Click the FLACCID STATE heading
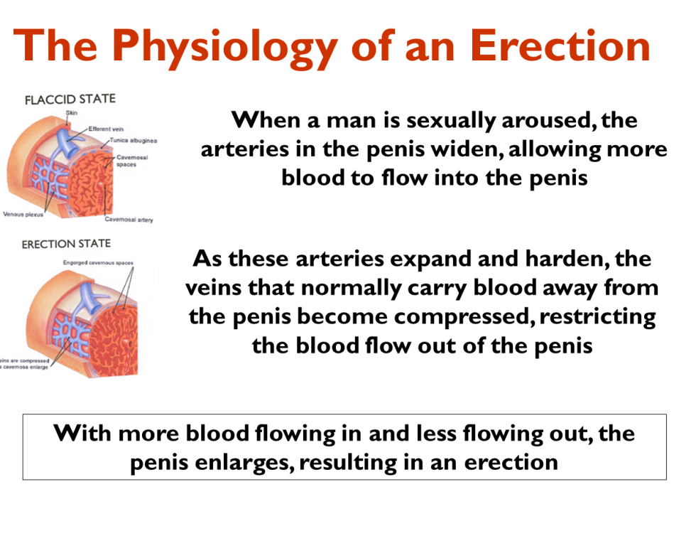pyautogui.click(x=70, y=100)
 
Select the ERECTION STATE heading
pyautogui.click(x=66, y=245)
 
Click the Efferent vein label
pyautogui.click(x=107, y=129)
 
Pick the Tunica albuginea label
pyautogui.click(x=134, y=141)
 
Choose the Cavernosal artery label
pyautogui.click(x=129, y=220)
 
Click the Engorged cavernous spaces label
pyautogui.click(x=98, y=263)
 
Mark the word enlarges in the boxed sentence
pyautogui.click(x=239, y=463)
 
